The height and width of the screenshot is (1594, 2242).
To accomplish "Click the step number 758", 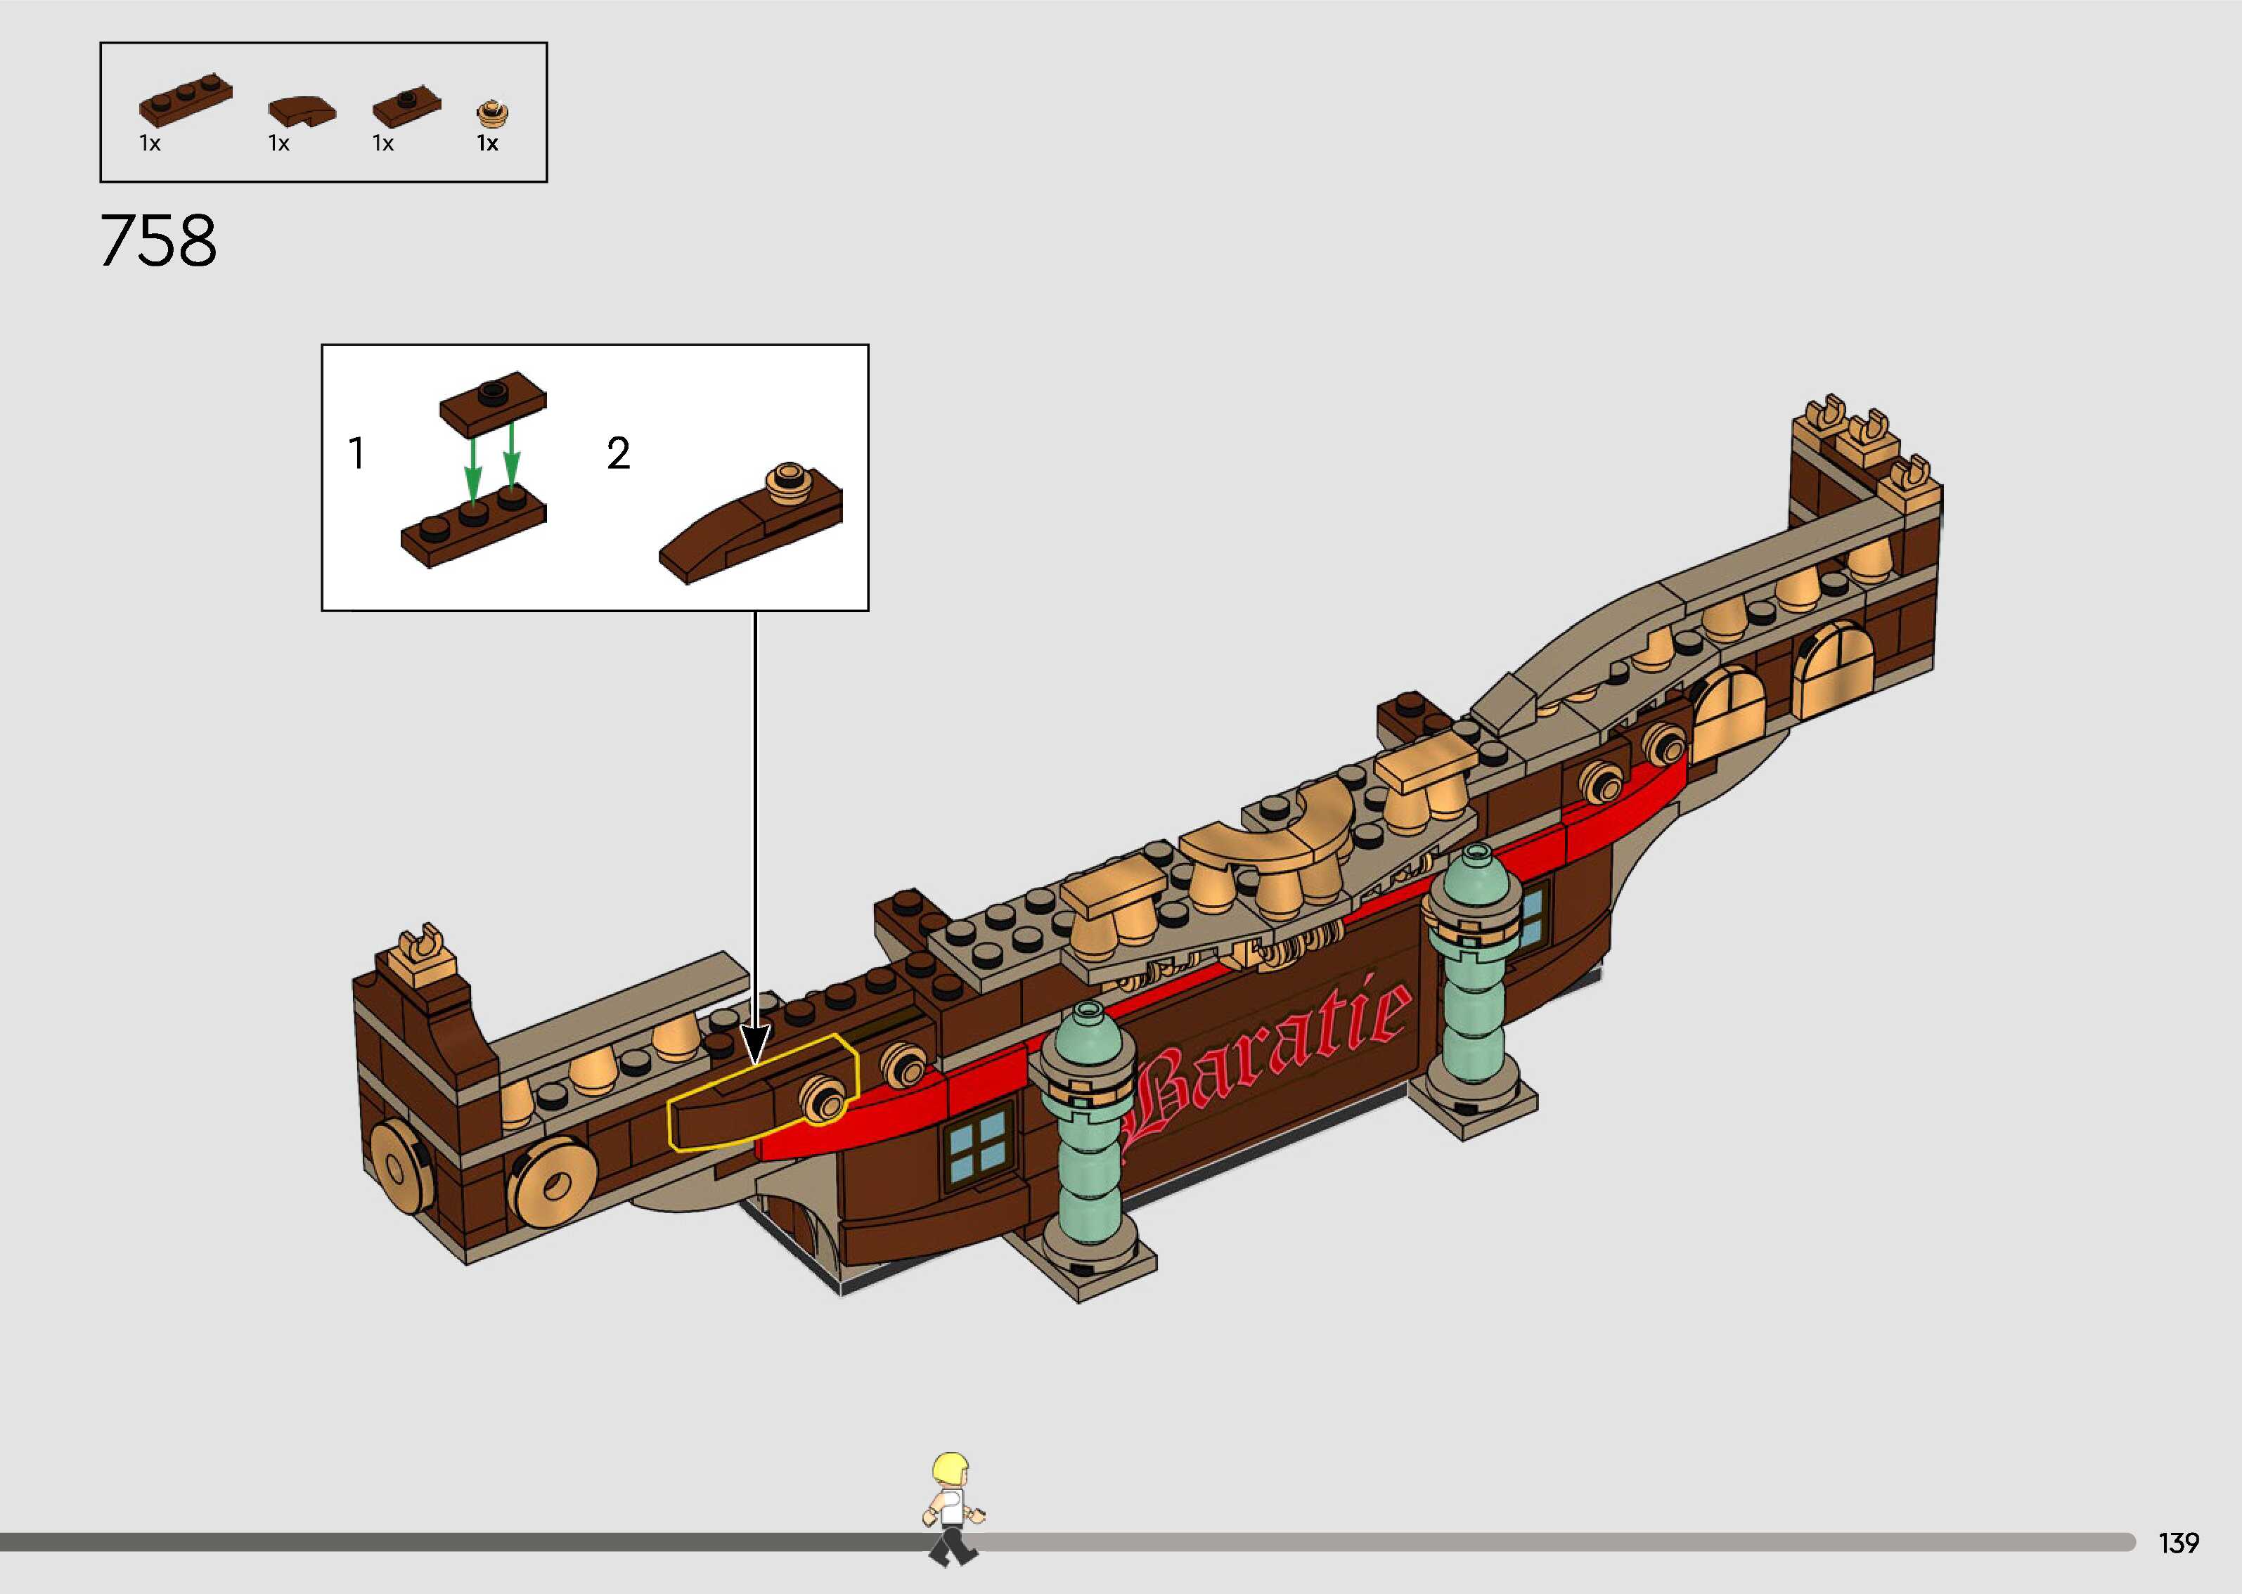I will (x=158, y=242).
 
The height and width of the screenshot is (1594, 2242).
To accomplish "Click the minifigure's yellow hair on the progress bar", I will (x=951, y=1470).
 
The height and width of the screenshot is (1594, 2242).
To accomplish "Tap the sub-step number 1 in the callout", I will (x=356, y=453).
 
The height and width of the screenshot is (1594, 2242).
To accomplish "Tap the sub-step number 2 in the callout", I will (x=617, y=453).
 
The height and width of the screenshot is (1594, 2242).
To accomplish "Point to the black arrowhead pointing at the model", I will (x=755, y=1044).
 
